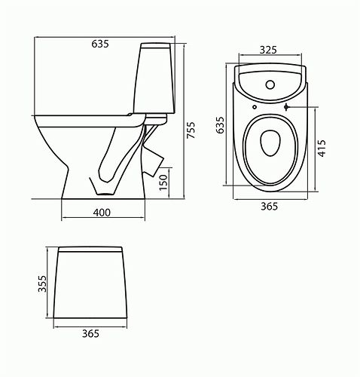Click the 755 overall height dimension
pos(191,133)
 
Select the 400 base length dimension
pos(102,212)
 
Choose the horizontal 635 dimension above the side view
pos(100,44)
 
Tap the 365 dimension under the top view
pos(270,206)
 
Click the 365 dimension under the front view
pos(90,333)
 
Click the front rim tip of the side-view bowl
pos(35,117)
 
